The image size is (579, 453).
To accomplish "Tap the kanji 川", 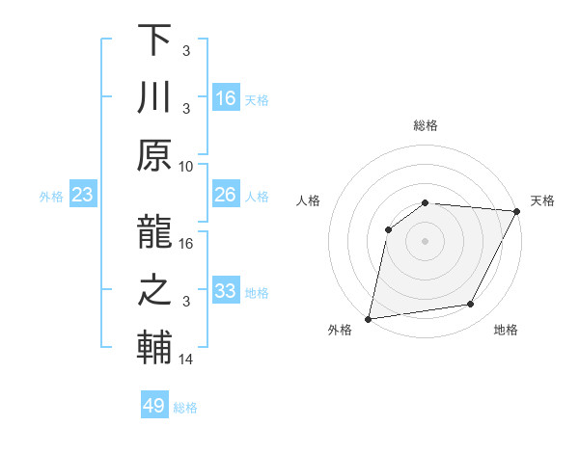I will coord(154,96).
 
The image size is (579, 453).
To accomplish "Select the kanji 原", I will coord(154,154).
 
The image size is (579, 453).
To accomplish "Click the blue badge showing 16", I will coord(226,97).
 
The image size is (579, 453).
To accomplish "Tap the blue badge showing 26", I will coord(226,195).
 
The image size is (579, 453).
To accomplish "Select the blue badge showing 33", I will coord(226,291).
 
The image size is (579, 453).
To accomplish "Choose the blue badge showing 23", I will coord(83,196).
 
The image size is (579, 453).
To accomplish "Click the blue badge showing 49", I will coord(154,406).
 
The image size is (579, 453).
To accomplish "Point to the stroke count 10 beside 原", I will coord(186,165).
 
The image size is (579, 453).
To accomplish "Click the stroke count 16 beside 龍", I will coord(187,243).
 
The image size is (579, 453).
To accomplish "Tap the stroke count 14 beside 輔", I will coord(186,360).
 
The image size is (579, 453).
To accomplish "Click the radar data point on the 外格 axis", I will coord(369,318).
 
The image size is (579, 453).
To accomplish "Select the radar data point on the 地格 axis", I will coord(471,305).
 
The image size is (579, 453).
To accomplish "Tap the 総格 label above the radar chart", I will coord(426,125).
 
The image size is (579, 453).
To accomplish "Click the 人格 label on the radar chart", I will coord(309,200).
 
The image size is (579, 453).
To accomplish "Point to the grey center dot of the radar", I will coord(426,240).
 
